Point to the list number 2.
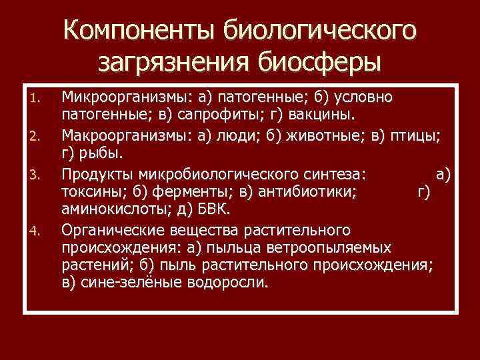pyautogui.click(x=37, y=138)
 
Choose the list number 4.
pyautogui.click(x=37, y=232)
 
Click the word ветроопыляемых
pyautogui.click(x=335, y=248)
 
